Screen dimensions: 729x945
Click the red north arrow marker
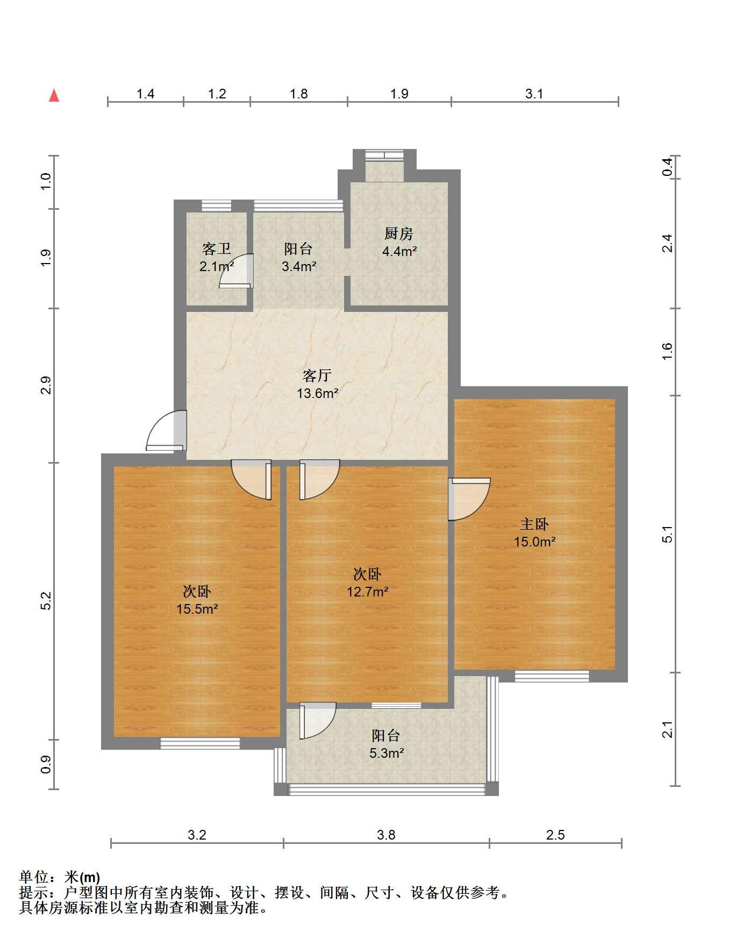pyautogui.click(x=54, y=96)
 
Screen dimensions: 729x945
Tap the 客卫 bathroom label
pyautogui.click(x=217, y=248)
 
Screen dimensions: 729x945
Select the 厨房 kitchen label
pyautogui.click(x=399, y=234)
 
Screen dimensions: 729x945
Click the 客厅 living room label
pyautogui.click(x=317, y=375)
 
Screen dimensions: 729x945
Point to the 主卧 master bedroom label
pyautogui.click(x=534, y=524)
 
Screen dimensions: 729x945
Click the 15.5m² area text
pyautogui.click(x=197, y=609)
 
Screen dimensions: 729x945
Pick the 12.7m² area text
pyautogui.click(x=368, y=592)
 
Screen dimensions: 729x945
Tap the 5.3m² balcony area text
pyautogui.click(x=387, y=754)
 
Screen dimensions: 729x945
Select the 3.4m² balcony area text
pyautogui.click(x=298, y=266)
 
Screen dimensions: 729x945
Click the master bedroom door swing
pyautogui.click(x=469, y=499)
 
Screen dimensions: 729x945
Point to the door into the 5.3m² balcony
pyautogui.click(x=318, y=721)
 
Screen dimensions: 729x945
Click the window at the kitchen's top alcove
pyautogui.click(x=384, y=155)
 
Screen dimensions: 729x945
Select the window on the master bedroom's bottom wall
pyautogui.click(x=552, y=676)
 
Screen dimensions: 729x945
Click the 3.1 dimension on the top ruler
pyautogui.click(x=534, y=94)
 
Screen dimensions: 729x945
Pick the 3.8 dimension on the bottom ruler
pyautogui.click(x=386, y=835)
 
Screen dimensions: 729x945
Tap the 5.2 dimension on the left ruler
pyautogui.click(x=46, y=601)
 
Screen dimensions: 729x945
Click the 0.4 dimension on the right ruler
pyautogui.click(x=667, y=167)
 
